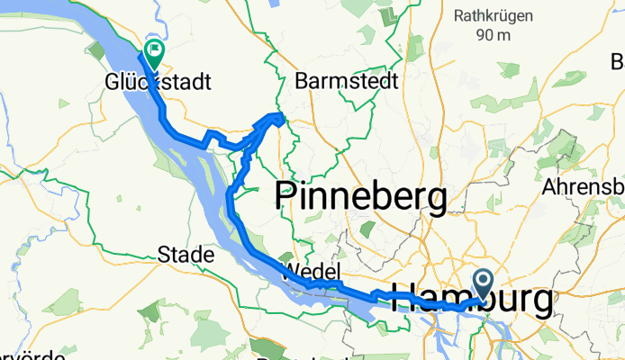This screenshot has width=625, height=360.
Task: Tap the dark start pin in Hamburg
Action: tap(483, 284)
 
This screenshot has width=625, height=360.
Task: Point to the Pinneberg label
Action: tap(360, 197)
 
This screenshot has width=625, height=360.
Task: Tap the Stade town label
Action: tap(186, 255)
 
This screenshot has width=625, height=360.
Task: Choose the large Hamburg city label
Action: tap(473, 301)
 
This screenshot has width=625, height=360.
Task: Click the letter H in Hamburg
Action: tap(403, 301)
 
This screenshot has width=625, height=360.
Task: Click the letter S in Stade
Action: tap(163, 255)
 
